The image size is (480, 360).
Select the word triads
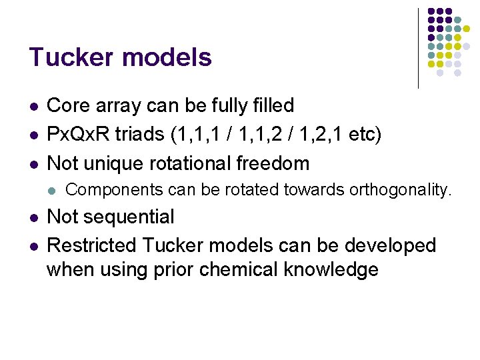pyautogui.click(x=141, y=134)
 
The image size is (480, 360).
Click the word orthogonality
pyautogui.click(x=397, y=191)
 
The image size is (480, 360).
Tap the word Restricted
pyautogui.click(x=93, y=245)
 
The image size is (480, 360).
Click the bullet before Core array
pyautogui.click(x=33, y=107)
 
